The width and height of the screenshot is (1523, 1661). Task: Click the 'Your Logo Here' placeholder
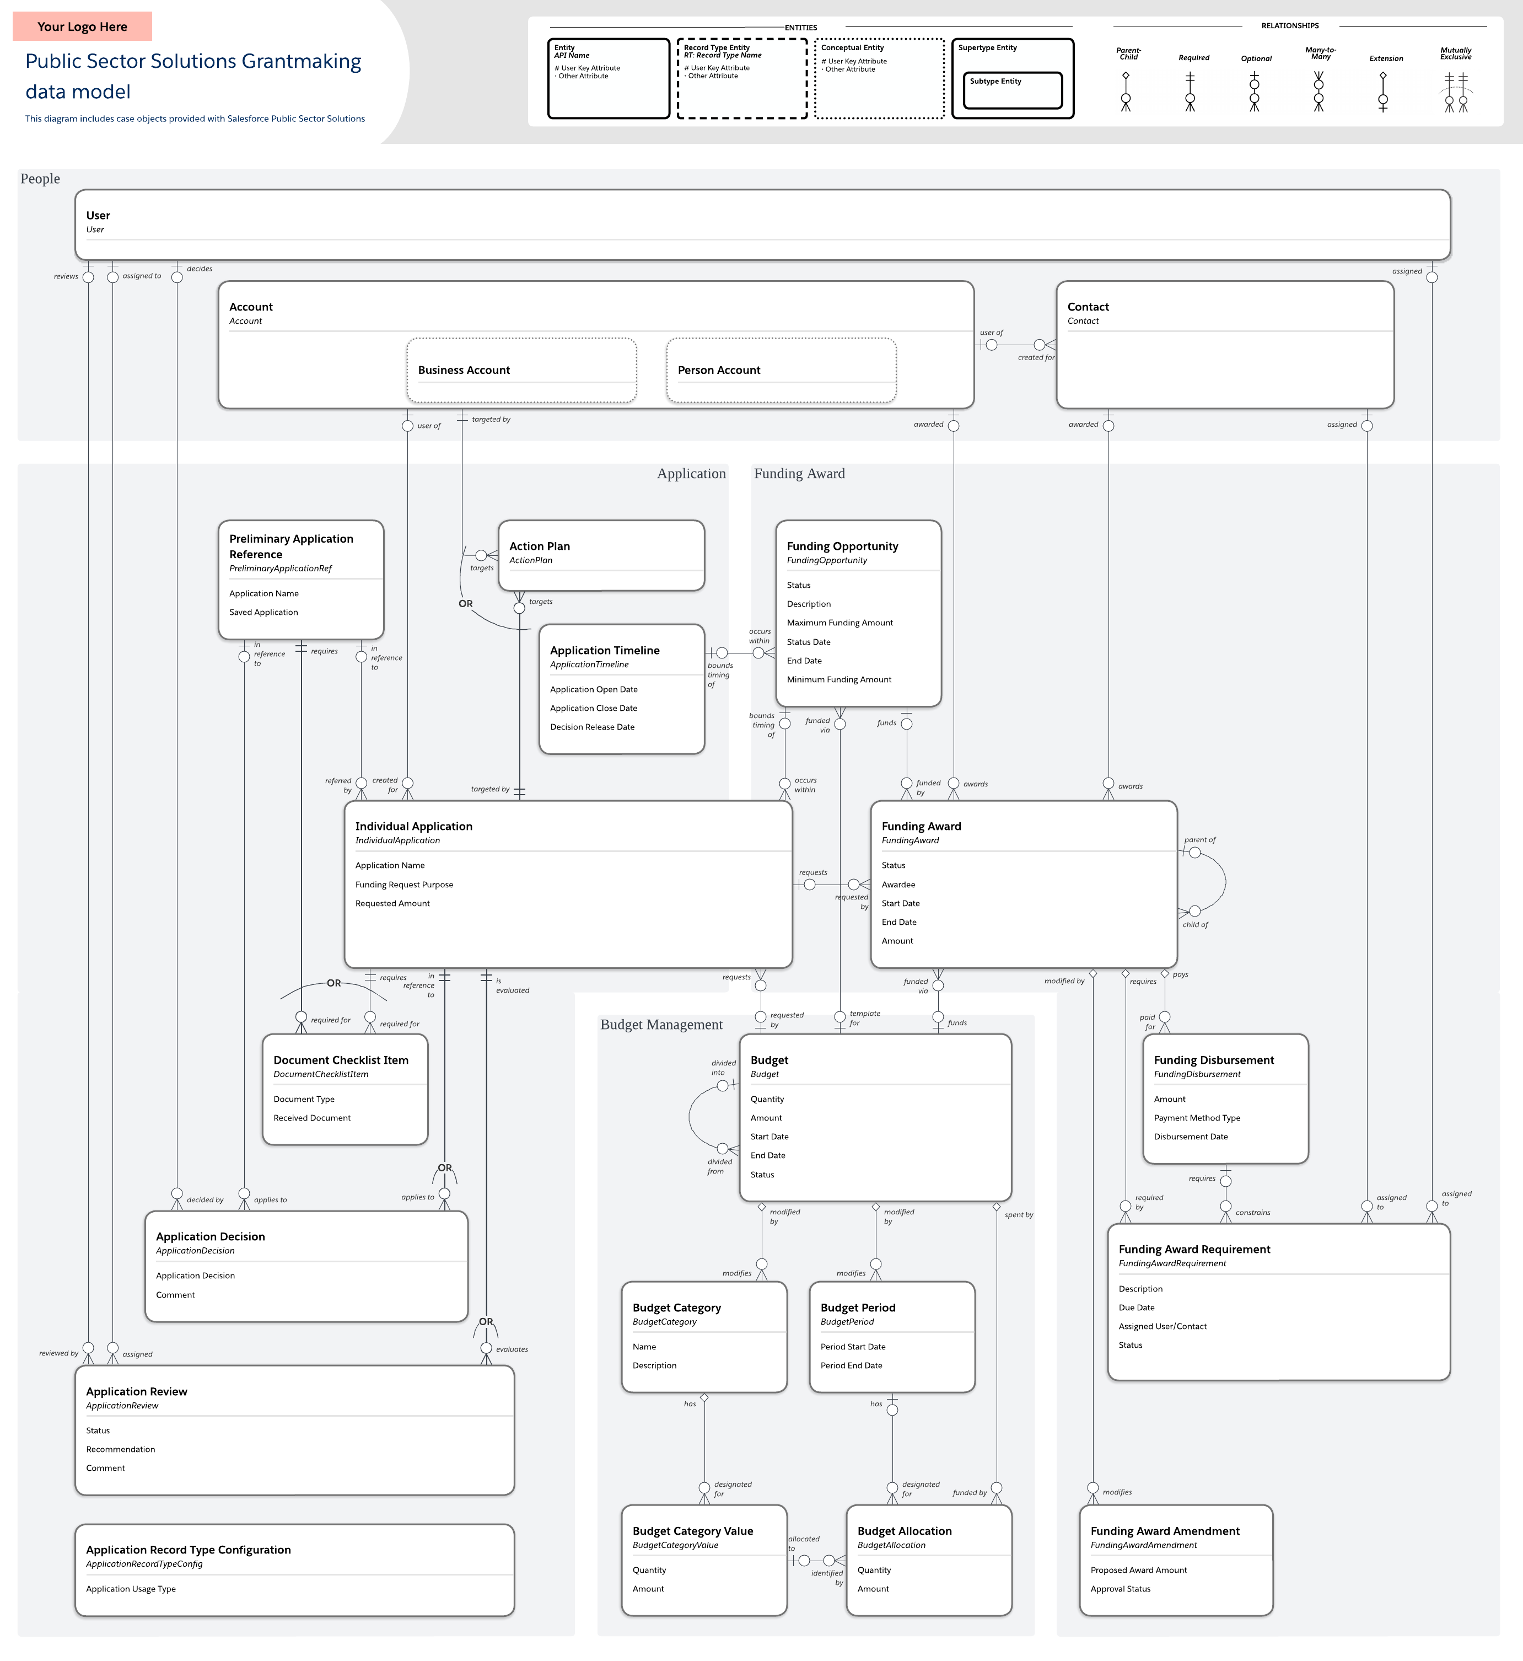(x=83, y=26)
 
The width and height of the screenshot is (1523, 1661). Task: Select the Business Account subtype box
(x=521, y=370)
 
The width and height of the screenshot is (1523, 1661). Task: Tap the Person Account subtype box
(x=781, y=370)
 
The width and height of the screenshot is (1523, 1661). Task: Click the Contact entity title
(x=1088, y=307)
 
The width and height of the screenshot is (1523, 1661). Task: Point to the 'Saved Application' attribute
(x=263, y=613)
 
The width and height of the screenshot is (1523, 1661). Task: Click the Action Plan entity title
(x=539, y=546)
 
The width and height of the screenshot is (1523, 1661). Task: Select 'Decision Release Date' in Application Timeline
(x=592, y=727)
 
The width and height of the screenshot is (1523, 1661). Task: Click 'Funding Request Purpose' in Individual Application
(x=404, y=885)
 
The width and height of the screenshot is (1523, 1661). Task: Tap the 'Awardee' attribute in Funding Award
(x=898, y=885)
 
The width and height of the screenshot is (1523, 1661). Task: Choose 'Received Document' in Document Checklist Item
(x=311, y=1118)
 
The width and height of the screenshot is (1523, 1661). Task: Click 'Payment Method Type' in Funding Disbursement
(x=1197, y=1118)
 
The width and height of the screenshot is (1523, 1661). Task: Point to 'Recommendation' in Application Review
(x=120, y=1450)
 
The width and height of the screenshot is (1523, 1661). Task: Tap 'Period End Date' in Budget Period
(x=851, y=1366)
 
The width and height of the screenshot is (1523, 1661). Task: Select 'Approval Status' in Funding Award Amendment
(x=1120, y=1589)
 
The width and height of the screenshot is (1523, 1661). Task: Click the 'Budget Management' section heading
(x=661, y=1025)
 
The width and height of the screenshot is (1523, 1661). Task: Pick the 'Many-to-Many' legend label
(x=1320, y=53)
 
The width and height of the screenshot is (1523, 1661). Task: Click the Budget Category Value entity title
(x=692, y=1531)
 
